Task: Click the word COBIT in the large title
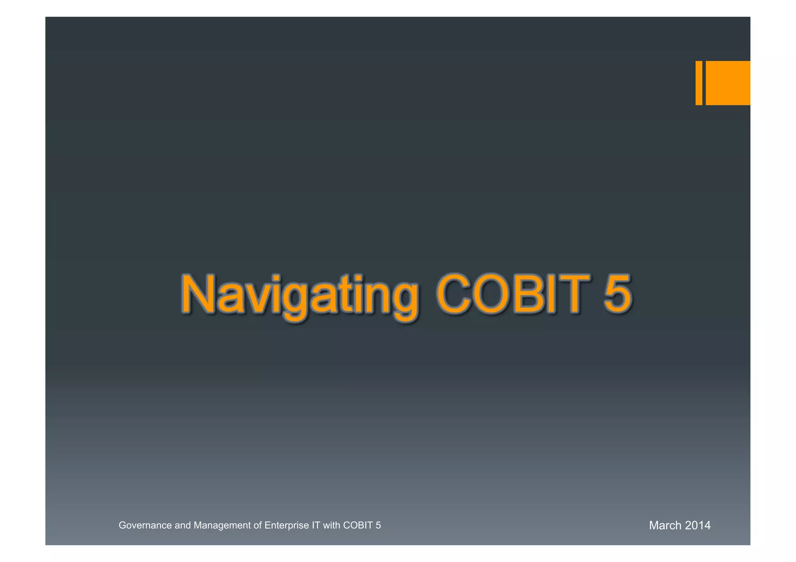point(513,294)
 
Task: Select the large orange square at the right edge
point(728,83)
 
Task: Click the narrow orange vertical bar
point(698,83)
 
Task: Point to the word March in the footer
point(665,525)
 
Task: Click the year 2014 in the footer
point(698,525)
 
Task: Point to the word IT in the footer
point(316,525)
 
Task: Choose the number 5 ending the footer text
point(378,525)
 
